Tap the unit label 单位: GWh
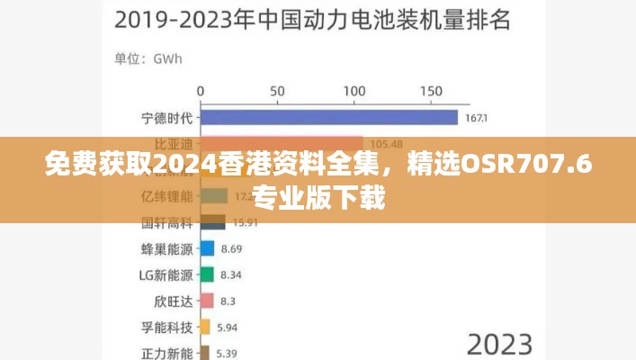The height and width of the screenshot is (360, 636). pos(148,59)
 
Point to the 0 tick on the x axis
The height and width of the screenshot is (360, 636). pos(200,91)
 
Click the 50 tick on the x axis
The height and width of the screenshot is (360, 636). pos(277,91)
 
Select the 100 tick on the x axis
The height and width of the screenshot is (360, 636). pos(354,91)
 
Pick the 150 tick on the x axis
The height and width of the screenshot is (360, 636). pos(432,91)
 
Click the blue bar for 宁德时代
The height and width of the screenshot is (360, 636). pos(328,118)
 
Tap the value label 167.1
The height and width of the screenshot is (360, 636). pos(477,119)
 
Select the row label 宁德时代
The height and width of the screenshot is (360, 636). pos(168,118)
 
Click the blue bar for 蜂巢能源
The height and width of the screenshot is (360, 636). pos(207,248)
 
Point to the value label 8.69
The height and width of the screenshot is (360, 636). pos(232,248)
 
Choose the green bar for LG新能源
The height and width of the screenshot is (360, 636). pos(206,274)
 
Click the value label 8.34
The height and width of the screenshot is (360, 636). pos(231,274)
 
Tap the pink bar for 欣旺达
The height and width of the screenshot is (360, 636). pos(206,301)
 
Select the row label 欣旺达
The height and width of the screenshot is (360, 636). pos(175,301)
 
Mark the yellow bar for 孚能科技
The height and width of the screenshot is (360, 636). pos(204,327)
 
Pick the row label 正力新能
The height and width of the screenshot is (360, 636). pos(168,352)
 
